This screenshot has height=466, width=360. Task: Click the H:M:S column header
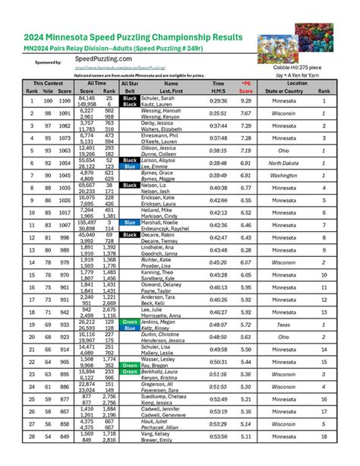point(218,91)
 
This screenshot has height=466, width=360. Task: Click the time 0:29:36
point(218,100)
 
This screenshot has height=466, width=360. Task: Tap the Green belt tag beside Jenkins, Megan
point(131,321)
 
